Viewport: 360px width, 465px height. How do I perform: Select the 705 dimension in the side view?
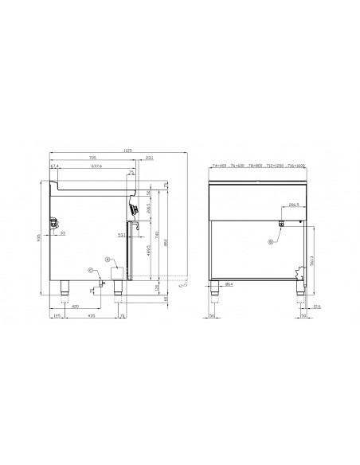(92, 157)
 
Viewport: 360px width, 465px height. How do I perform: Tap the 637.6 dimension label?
(97, 167)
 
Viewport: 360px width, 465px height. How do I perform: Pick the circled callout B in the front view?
(271, 241)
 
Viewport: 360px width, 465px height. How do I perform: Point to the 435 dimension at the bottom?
(93, 316)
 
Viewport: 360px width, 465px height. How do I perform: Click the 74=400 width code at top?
(219, 166)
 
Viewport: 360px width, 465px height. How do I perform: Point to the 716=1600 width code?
(295, 166)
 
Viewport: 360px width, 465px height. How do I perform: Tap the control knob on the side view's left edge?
(53, 225)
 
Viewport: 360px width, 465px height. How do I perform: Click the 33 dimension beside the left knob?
(63, 234)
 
